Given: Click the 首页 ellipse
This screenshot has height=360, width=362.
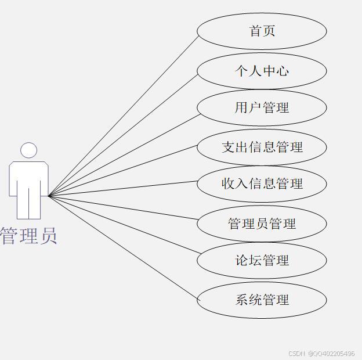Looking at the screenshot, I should tap(262, 31).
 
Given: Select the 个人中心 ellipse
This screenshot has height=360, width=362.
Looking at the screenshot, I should tap(262, 71).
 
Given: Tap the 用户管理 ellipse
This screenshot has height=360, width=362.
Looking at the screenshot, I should tap(262, 107).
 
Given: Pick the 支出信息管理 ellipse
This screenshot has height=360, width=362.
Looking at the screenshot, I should tap(262, 147).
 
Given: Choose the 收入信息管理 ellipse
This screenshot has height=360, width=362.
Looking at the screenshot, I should tap(262, 183).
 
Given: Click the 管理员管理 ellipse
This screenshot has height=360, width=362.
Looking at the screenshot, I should tap(262, 224).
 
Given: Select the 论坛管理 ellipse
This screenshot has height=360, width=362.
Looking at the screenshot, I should tap(262, 260).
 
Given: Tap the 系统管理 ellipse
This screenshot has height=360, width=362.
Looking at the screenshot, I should tap(262, 300).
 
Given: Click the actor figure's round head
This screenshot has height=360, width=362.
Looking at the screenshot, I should tap(28, 150).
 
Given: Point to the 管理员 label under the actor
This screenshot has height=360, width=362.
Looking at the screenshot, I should tap(28, 236).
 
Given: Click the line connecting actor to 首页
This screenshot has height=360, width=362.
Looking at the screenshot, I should tap(124, 116).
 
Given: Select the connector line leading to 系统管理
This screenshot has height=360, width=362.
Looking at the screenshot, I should tap(124, 248).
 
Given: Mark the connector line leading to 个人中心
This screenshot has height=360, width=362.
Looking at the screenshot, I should tap(124, 134).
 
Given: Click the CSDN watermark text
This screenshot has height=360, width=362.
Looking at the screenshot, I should tap(321, 353).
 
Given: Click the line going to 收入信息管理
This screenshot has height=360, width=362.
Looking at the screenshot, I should tap(124, 189).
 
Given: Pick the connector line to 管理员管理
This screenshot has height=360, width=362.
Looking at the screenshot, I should tap(124, 208).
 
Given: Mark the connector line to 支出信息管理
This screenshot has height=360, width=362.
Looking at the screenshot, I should tap(124, 170).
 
